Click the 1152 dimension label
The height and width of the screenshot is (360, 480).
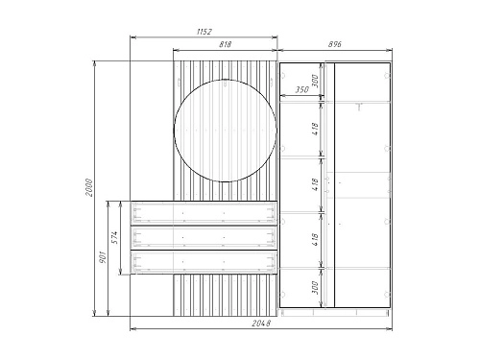pyautogui.click(x=204, y=32)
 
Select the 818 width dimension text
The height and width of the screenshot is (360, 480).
pyautogui.click(x=226, y=44)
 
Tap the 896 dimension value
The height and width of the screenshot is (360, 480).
pyautogui.click(x=335, y=44)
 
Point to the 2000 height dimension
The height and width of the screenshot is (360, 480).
pyautogui.click(x=88, y=187)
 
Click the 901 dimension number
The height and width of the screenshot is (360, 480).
pyautogui.click(x=103, y=257)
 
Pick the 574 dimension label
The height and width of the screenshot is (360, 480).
pyautogui.click(x=115, y=237)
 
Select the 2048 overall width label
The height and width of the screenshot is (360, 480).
pyautogui.click(x=261, y=324)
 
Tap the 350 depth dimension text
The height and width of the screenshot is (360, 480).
pyautogui.click(x=301, y=89)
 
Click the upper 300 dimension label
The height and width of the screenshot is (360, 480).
pyautogui.click(x=315, y=81)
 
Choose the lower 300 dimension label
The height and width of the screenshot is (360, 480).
pyautogui.click(x=315, y=288)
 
